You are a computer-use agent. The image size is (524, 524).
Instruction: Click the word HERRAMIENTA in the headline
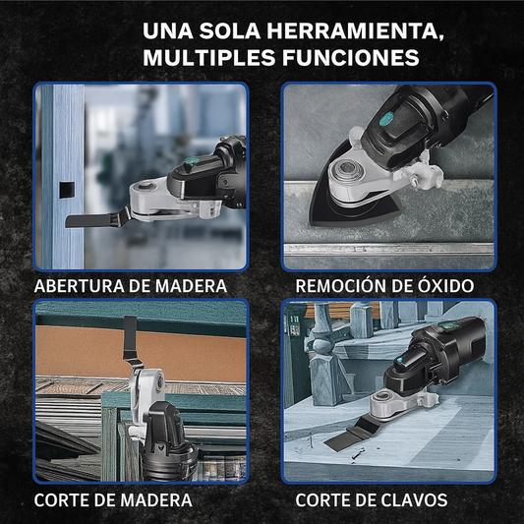pos(355,31)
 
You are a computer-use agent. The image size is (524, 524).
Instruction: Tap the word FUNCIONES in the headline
pos(351,57)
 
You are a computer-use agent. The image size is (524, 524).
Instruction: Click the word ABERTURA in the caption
pos(79,286)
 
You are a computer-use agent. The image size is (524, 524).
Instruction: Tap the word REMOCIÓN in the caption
pos(341,286)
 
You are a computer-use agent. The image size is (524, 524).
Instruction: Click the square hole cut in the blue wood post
pos(67,190)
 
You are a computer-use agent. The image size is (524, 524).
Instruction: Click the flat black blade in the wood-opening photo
pos(97,219)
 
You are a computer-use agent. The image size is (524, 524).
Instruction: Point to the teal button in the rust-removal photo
pos(387,117)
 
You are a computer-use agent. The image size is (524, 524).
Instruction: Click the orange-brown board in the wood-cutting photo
pos(141,354)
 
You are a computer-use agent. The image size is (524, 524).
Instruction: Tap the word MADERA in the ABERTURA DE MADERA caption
pos(191,286)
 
